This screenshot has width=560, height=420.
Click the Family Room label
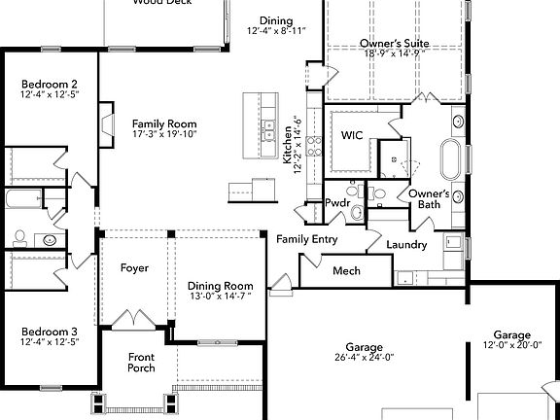click(164, 123)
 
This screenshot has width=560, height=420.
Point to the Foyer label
click(134, 267)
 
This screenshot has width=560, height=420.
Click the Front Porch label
click(142, 363)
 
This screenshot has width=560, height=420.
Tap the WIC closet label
click(351, 135)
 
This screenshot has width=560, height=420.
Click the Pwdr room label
click(337, 202)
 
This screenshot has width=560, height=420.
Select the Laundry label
click(406, 245)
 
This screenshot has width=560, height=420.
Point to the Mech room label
click(346, 270)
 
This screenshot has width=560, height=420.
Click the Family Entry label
click(307, 239)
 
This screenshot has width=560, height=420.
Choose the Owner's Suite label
click(395, 43)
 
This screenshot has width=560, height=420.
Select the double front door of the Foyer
click(132, 318)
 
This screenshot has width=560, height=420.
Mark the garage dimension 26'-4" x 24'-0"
click(365, 357)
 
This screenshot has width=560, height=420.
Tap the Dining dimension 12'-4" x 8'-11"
click(276, 31)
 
